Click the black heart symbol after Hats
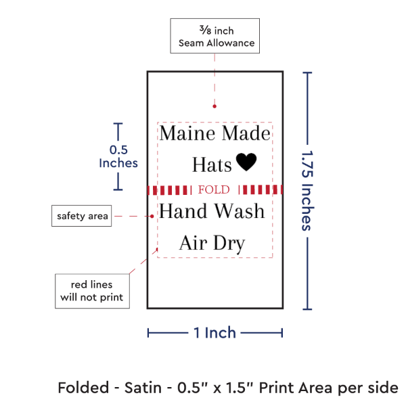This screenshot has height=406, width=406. pyautogui.click(x=246, y=163)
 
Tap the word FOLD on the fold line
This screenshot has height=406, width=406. pyautogui.click(x=214, y=189)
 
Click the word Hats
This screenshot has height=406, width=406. pyautogui.click(x=212, y=164)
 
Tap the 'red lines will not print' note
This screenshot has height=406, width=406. pyautogui.click(x=92, y=290)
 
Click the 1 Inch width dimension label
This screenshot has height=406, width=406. pyautogui.click(x=215, y=332)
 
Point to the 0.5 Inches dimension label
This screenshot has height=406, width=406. pyautogui.click(x=118, y=156)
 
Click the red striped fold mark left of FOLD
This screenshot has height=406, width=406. pyautogui.click(x=169, y=189)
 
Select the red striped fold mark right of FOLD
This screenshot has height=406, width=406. pyautogui.click(x=261, y=189)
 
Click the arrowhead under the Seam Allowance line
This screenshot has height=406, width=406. pyautogui.click(x=215, y=106)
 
